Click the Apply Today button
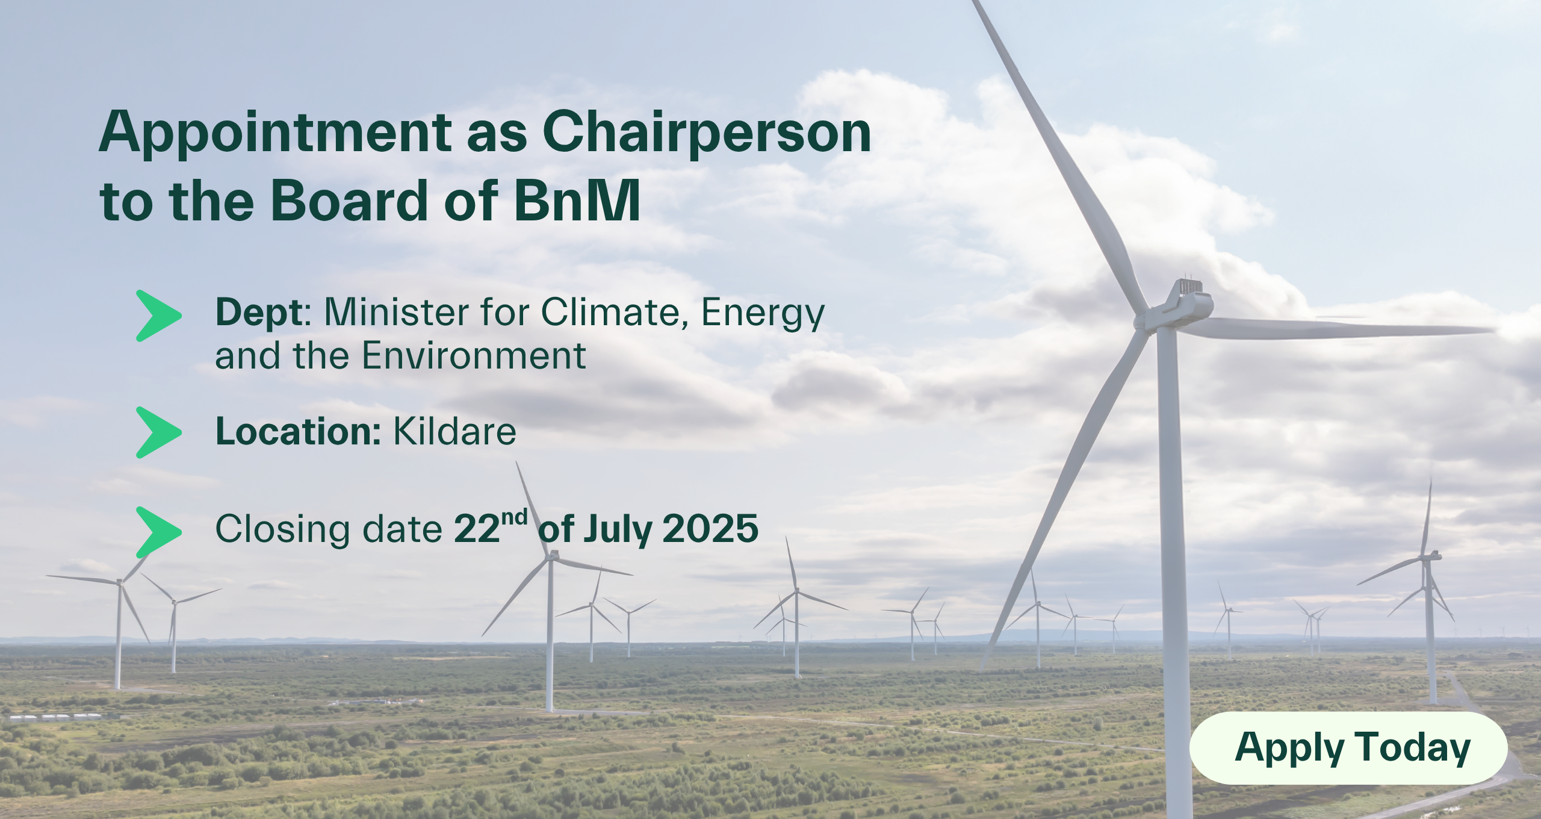(x=1348, y=748)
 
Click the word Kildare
(x=454, y=431)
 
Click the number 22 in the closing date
(x=477, y=529)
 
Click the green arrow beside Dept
(x=158, y=316)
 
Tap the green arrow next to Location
(x=158, y=432)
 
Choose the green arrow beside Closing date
(x=158, y=532)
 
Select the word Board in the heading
(x=350, y=201)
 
